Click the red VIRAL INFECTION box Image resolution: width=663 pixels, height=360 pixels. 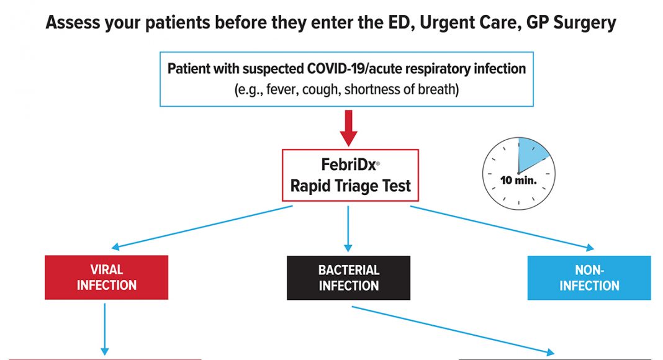107,277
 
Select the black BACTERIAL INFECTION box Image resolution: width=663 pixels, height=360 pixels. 348,277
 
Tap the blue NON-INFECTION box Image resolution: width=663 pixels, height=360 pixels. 589,277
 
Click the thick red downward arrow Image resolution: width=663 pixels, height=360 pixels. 348,128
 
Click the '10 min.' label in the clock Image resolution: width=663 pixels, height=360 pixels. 518,181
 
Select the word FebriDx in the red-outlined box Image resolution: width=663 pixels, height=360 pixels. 348,164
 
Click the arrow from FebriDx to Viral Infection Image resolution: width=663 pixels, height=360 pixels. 202,227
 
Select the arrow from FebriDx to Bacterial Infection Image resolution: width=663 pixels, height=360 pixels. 348,228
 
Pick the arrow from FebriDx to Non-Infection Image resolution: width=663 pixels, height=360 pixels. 502,228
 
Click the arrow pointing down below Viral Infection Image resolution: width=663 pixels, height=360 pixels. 104,329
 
